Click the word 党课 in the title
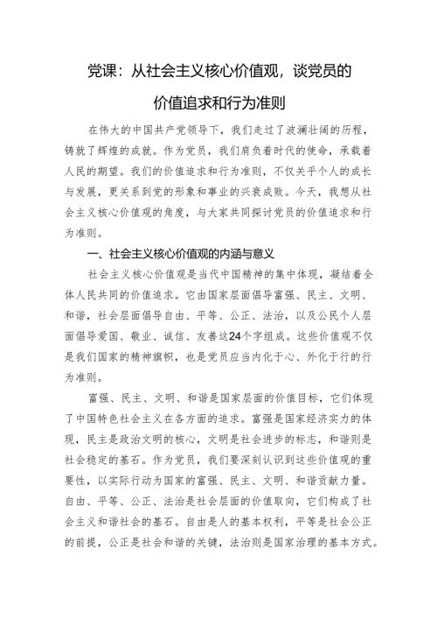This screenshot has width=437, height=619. click(x=103, y=69)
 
